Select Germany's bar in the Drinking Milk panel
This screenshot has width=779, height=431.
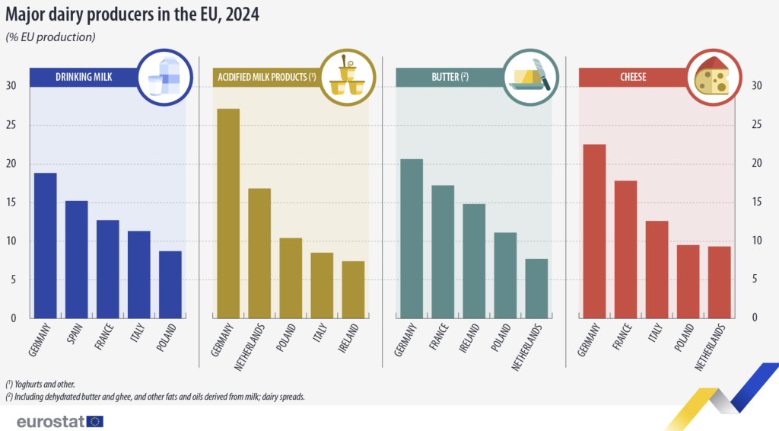[45, 244]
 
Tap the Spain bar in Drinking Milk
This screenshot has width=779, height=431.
[76, 259]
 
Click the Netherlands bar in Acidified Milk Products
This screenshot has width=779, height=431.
[259, 252]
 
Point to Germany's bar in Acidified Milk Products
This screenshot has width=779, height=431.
[228, 213]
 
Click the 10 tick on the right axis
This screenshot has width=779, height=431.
[756, 241]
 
